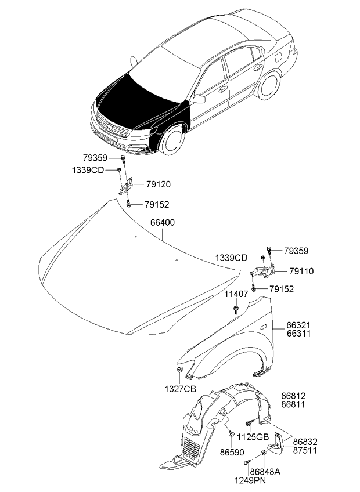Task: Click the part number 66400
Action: click(x=163, y=222)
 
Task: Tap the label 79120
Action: click(x=159, y=184)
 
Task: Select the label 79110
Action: click(x=301, y=271)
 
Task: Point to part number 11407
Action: click(x=236, y=294)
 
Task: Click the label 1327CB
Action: click(x=180, y=389)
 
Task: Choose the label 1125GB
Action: click(x=253, y=437)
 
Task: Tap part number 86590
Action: click(x=232, y=452)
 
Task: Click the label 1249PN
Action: click(x=250, y=480)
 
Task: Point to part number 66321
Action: click(x=298, y=325)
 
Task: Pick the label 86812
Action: click(x=293, y=396)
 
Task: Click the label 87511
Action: click(x=305, y=450)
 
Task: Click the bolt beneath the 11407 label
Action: click(x=236, y=309)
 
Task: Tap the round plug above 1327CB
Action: click(x=179, y=370)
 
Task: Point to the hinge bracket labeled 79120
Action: click(x=126, y=186)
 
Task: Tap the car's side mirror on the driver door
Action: click(x=199, y=99)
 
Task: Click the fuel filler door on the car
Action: click(x=278, y=57)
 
